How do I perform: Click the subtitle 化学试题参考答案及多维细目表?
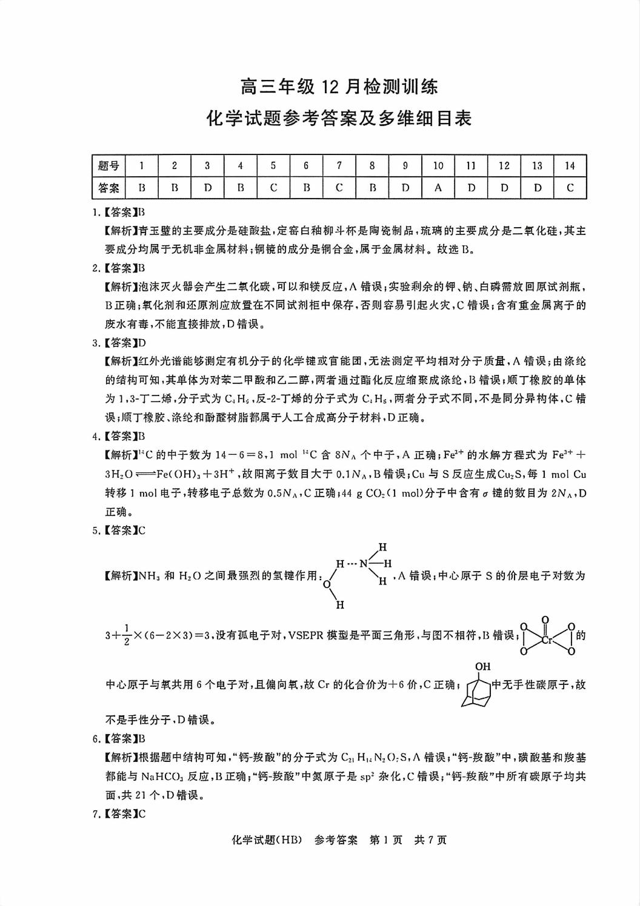(x=339, y=118)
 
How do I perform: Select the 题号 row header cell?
(x=108, y=165)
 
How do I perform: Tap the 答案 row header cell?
(x=108, y=188)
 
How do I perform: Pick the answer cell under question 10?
(x=438, y=188)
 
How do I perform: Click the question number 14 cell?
(x=569, y=165)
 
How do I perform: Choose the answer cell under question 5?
(x=273, y=188)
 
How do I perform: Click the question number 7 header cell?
(x=339, y=165)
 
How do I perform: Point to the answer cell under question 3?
(x=207, y=188)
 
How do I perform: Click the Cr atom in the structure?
(x=546, y=638)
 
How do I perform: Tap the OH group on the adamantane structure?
(x=482, y=667)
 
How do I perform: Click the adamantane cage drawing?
(x=478, y=690)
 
